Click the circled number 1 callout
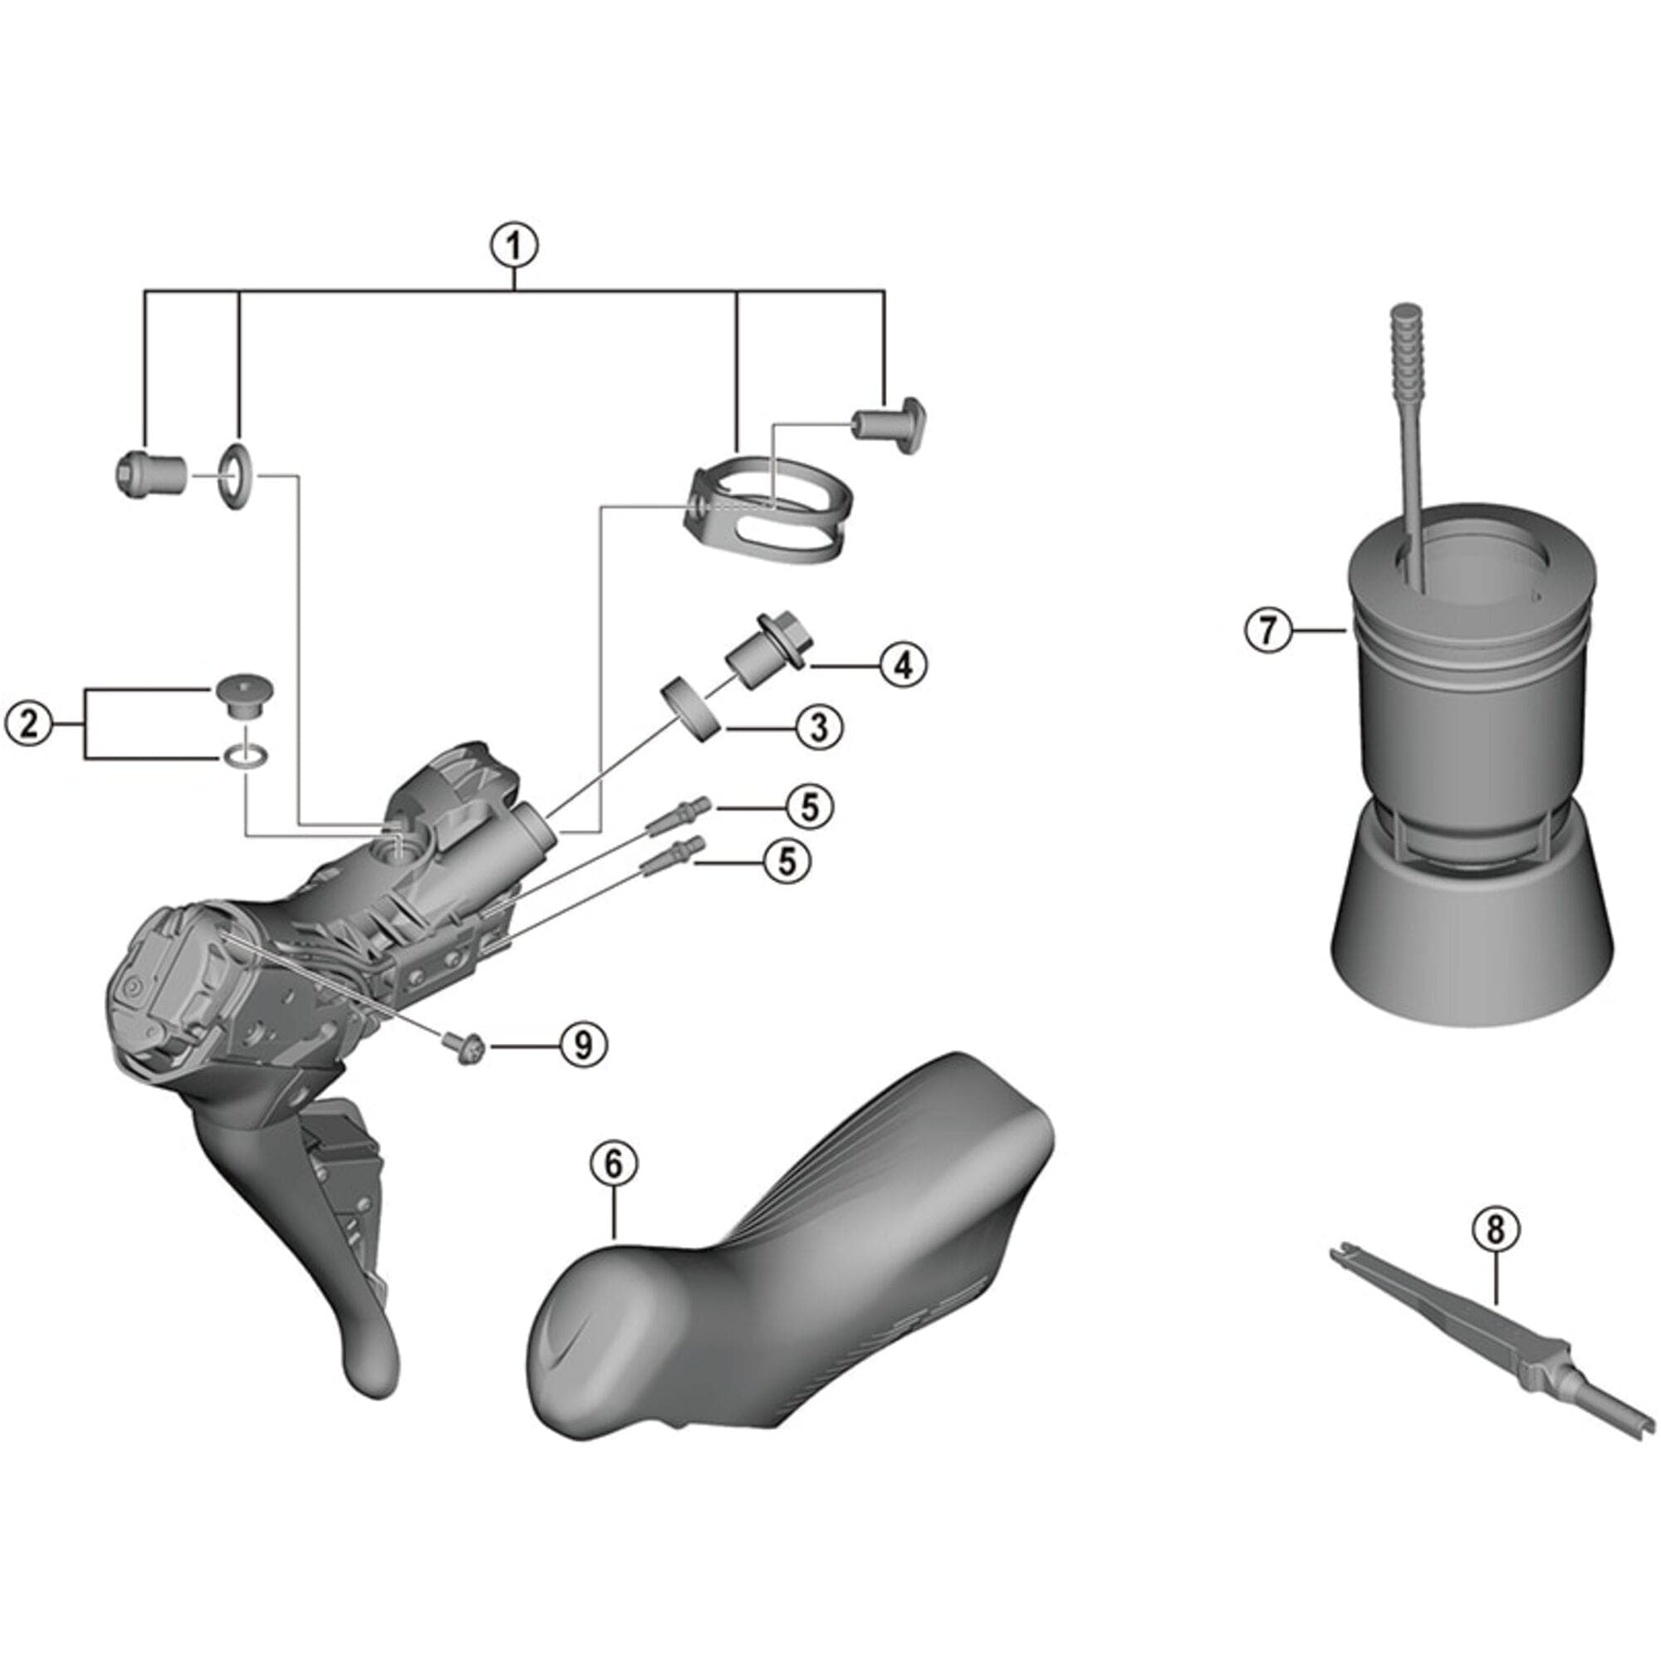click(514, 246)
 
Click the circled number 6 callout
click(614, 1164)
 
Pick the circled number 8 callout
click(1495, 1229)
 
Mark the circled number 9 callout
click(583, 1046)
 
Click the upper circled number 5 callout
click(808, 807)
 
